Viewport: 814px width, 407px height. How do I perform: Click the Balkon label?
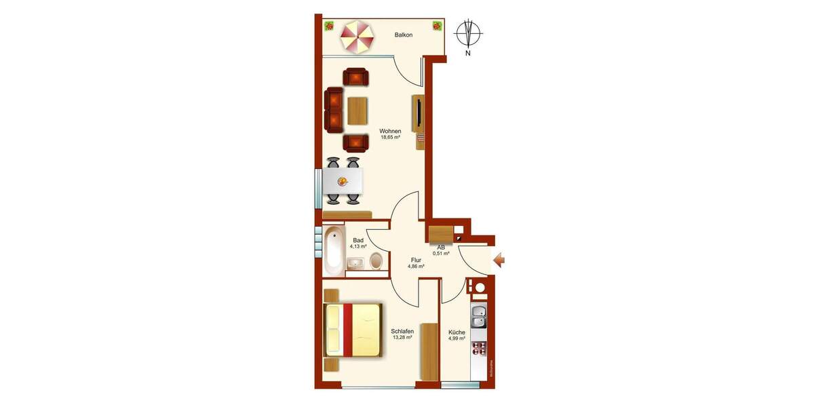pyautogui.click(x=404, y=35)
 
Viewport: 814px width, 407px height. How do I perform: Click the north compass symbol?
pyautogui.click(x=468, y=33)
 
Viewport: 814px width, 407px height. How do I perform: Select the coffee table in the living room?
pyautogui.click(x=357, y=111)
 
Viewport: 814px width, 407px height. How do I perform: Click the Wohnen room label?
pyautogui.click(x=390, y=131)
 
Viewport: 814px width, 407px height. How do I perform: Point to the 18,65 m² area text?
pyautogui.click(x=390, y=138)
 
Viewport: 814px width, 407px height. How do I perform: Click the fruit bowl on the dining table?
pyautogui.click(x=343, y=180)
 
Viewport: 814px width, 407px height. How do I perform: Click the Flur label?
pyautogui.click(x=416, y=259)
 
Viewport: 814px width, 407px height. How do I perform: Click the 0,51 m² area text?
pyautogui.click(x=441, y=254)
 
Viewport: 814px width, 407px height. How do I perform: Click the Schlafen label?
pyautogui.click(x=402, y=331)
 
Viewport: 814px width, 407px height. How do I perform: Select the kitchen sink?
pyautogui.click(x=479, y=317)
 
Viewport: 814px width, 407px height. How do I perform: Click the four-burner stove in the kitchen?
pyautogui.click(x=479, y=349)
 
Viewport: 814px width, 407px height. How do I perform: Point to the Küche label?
pyautogui.click(x=457, y=332)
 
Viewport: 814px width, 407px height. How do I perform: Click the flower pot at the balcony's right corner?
pyautogui.click(x=438, y=26)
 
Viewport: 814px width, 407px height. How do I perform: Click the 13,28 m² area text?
pyautogui.click(x=402, y=338)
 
